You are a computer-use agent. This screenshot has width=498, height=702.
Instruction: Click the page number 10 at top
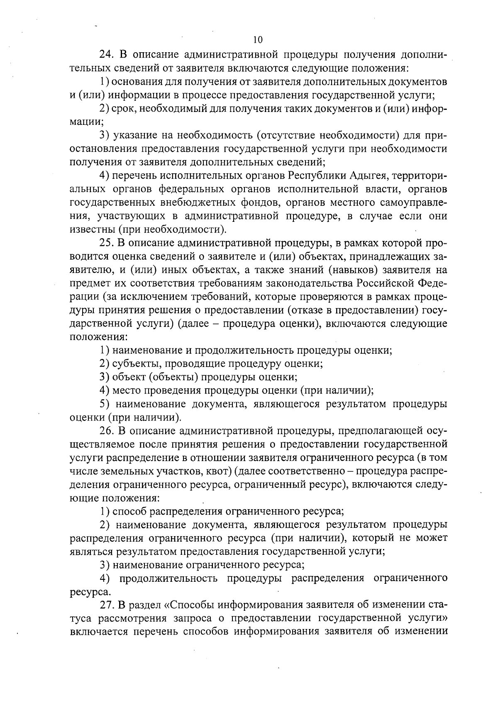257,40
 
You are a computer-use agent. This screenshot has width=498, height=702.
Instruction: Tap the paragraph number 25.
107,243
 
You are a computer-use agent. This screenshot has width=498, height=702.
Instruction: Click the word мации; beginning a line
86,122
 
